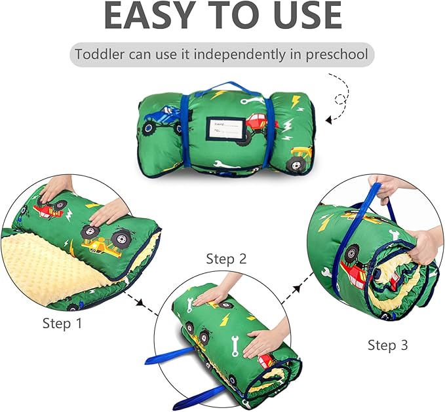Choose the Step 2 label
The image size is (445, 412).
point(226,259)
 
